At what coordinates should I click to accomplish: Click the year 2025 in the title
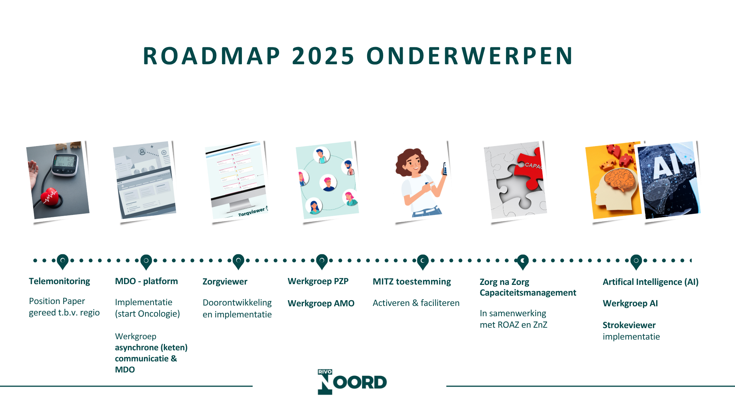[323, 56]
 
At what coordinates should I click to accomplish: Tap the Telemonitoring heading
[59, 281]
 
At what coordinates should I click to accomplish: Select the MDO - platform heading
[147, 281]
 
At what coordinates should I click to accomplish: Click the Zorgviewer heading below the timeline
[225, 282]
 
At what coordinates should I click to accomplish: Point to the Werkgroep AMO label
[321, 303]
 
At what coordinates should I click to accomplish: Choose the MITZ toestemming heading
[412, 282]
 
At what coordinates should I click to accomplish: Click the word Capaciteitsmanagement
[528, 293]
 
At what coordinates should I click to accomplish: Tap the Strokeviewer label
[629, 325]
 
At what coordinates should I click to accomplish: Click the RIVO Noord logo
[352, 382]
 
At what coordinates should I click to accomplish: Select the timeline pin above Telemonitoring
[62, 262]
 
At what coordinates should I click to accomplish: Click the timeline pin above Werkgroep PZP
[322, 262]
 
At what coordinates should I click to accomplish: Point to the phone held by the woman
[445, 169]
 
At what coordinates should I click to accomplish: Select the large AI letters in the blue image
[667, 165]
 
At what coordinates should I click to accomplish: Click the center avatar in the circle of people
[328, 183]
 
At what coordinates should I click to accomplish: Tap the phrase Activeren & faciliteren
[416, 303]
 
